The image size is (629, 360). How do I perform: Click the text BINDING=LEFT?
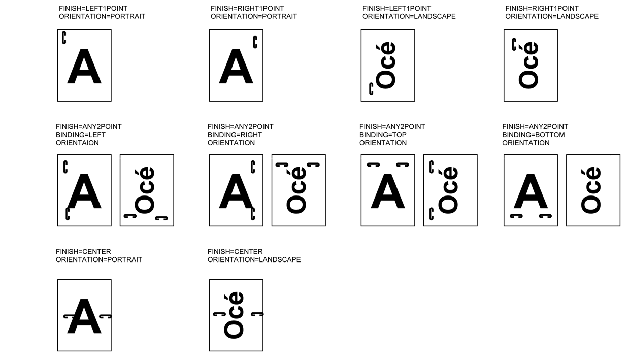[81, 135]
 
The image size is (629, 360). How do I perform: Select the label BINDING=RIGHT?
[235, 135]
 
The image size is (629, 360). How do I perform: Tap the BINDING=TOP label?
[383, 135]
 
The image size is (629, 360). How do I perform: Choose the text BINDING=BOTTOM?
[533, 135]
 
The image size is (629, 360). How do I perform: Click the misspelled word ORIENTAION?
[77, 143]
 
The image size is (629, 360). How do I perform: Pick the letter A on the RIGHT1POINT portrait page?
[236, 67]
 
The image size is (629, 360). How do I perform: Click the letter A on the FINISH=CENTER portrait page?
[84, 316]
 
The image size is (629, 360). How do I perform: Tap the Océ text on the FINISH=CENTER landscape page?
[234, 315]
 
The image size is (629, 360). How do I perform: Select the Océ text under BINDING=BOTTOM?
[591, 190]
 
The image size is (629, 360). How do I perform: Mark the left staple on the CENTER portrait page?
[69, 316]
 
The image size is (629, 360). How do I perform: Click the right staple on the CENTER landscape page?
[257, 314]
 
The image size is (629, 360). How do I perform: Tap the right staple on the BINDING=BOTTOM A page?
[545, 216]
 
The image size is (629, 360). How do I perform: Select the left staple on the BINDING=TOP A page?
[374, 165]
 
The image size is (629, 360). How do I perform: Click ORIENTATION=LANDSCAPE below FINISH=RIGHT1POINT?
[552, 17]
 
